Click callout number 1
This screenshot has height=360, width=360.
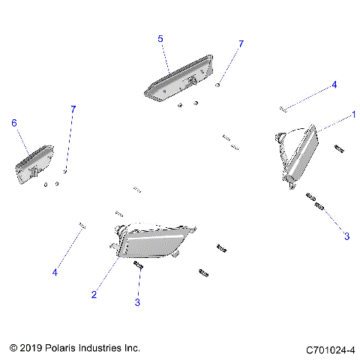coord(353,115)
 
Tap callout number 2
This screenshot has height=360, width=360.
coord(94,295)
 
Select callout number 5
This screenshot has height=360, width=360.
coord(160,37)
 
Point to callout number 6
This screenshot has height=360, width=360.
coord(13,122)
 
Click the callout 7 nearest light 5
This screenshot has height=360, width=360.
coord(241,45)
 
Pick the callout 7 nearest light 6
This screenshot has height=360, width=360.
coord(73,109)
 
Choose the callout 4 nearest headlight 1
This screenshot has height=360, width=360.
coord(334,85)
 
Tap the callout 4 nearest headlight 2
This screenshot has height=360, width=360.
coord(55,272)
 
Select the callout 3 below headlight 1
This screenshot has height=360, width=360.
coord(346,236)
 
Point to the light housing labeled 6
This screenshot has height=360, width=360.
coord(33,164)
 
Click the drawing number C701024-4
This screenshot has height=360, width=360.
coord(330,349)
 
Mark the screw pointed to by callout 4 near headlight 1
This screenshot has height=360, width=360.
coord(283,109)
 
